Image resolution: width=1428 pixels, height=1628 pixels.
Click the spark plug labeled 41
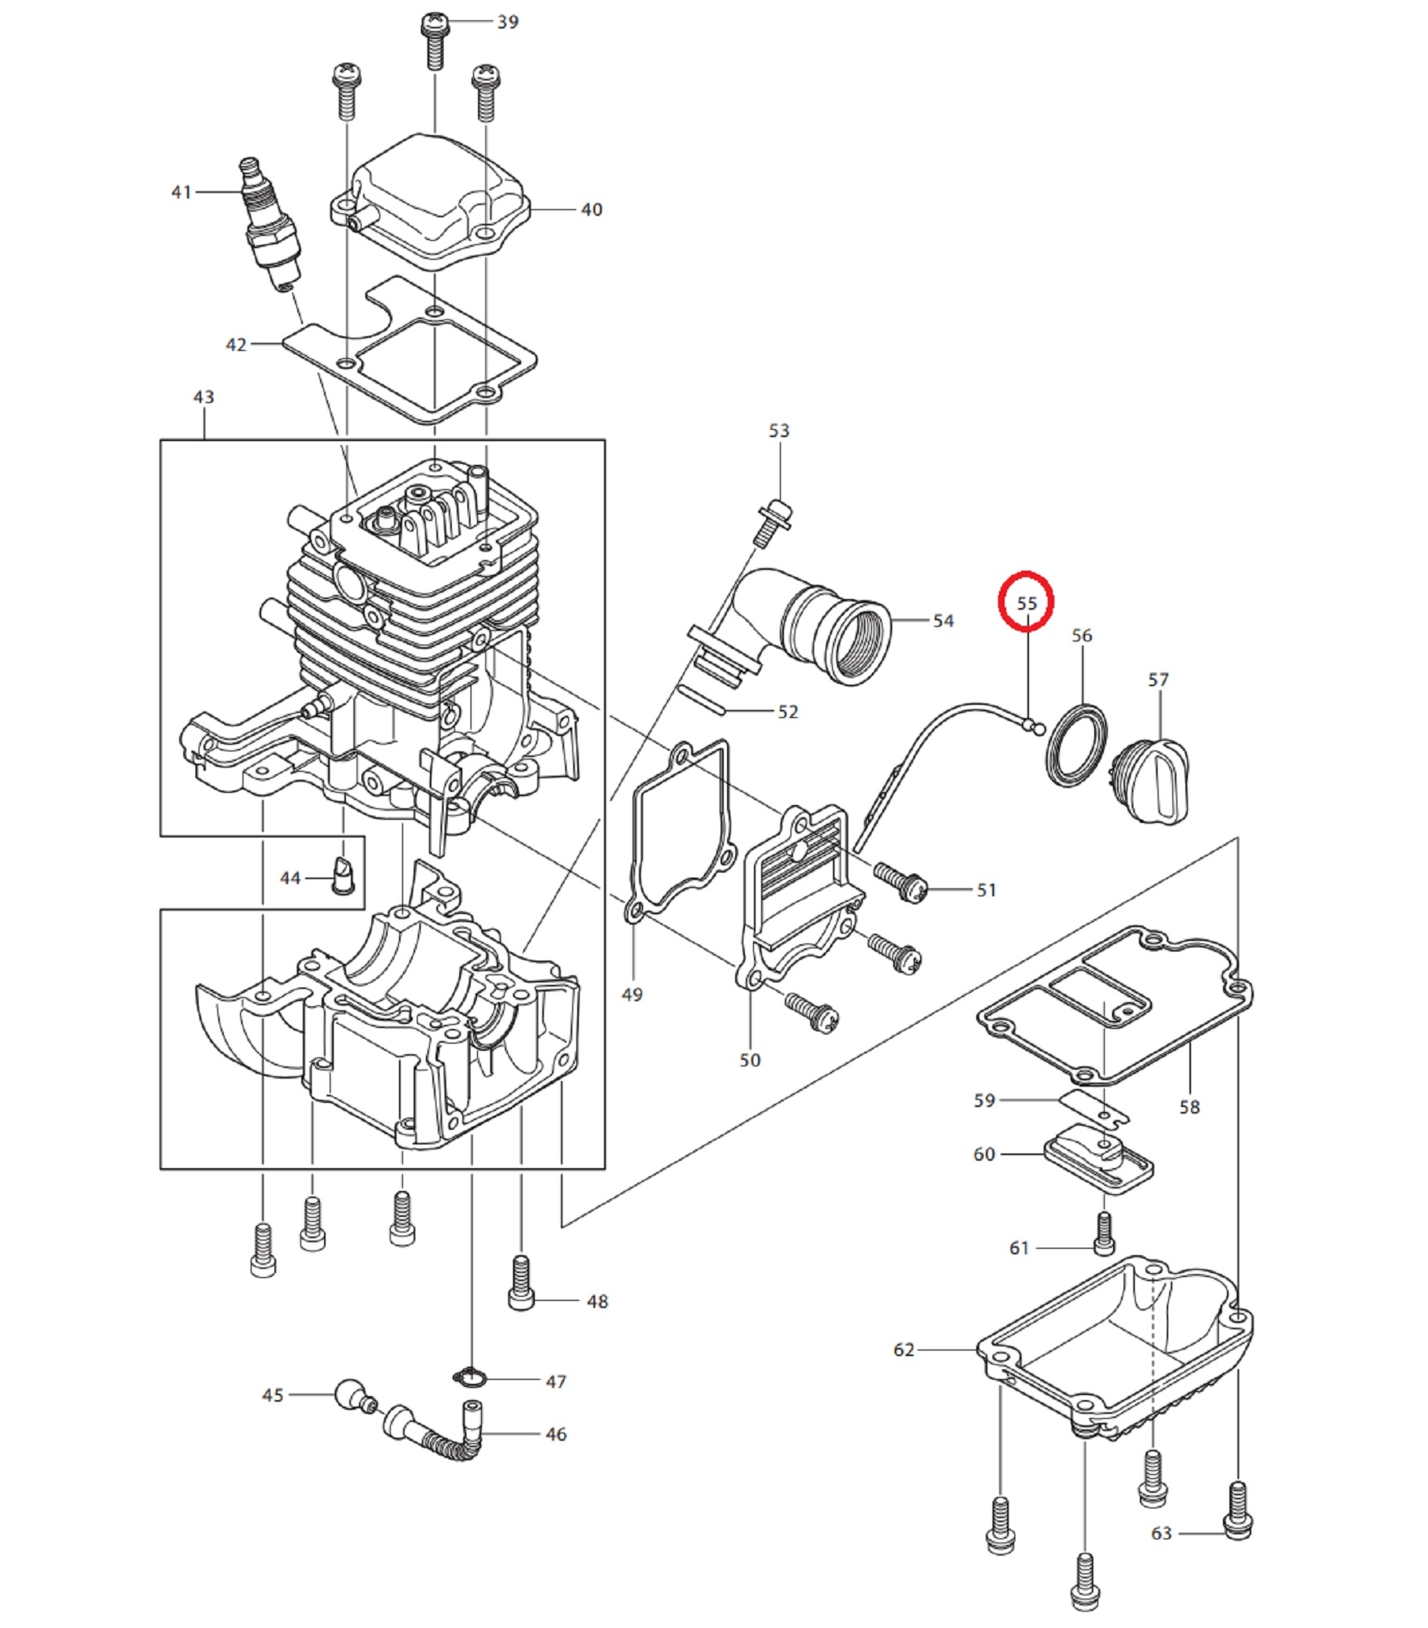(269, 223)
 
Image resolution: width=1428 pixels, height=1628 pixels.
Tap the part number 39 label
(508, 22)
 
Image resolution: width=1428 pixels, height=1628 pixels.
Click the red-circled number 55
(1027, 603)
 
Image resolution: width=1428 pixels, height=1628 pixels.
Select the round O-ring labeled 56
(1076, 746)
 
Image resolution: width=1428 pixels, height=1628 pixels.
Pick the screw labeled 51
(901, 882)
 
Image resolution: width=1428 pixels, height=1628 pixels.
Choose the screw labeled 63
(1237, 1510)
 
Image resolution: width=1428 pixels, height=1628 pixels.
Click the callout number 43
(204, 397)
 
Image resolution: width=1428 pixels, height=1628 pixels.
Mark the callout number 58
(1189, 1107)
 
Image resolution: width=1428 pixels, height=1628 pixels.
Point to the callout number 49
(632, 995)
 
